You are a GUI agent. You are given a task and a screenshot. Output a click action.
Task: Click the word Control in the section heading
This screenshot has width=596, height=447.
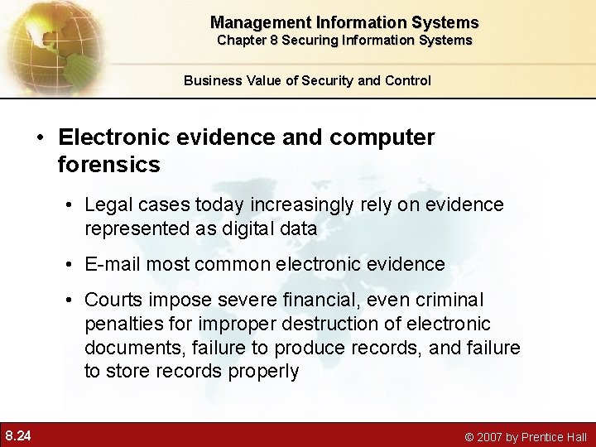[406, 80]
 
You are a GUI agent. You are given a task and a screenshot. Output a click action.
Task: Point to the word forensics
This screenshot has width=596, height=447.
[108, 165]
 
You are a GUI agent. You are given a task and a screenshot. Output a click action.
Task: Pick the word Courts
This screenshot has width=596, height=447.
[113, 300]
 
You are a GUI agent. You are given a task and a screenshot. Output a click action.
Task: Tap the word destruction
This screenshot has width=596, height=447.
[314, 324]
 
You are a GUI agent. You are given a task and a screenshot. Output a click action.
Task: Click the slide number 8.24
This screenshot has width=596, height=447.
[18, 435]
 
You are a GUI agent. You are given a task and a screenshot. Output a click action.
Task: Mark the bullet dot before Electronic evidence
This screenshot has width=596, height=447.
[39, 137]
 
